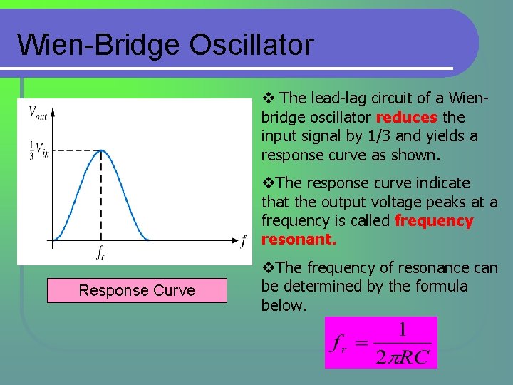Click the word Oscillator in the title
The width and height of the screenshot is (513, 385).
tap(252, 45)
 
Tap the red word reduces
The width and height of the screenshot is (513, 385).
tap(406, 117)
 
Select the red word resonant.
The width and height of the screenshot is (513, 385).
tap(299, 240)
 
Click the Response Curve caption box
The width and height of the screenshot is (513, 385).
tap(137, 290)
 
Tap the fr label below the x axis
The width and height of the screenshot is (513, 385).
tap(101, 252)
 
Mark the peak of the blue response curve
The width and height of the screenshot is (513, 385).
tap(101, 150)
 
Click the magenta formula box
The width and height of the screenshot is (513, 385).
tap(380, 342)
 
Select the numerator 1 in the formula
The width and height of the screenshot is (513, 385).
tap(402, 329)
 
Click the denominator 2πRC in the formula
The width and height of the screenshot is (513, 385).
tap(403, 355)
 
